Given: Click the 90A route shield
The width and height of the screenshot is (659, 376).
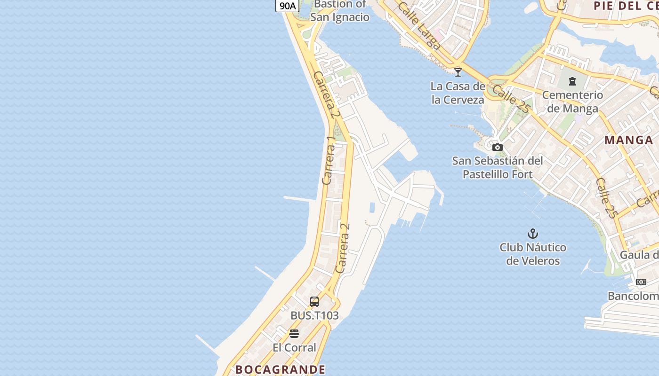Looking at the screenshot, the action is pyautogui.click(x=287, y=6).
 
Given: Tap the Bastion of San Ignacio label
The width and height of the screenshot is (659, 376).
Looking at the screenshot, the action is pyautogui.click(x=340, y=11).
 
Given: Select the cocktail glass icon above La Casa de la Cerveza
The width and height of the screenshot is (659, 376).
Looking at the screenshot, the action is pyautogui.click(x=458, y=72).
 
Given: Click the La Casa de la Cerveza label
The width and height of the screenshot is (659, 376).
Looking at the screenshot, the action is pyautogui.click(x=458, y=93).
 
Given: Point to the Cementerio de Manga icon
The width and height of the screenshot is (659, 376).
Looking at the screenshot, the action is pyautogui.click(x=572, y=81).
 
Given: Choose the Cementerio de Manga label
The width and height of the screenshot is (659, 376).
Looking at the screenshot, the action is pyautogui.click(x=572, y=102).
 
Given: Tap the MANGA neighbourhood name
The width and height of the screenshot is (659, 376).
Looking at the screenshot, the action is pyautogui.click(x=629, y=140).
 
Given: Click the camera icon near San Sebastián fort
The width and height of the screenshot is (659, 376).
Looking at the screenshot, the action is pyautogui.click(x=498, y=148).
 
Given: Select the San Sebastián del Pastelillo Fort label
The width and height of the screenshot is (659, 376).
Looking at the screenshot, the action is pyautogui.click(x=498, y=167).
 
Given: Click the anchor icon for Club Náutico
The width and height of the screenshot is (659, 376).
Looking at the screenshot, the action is pyautogui.click(x=532, y=234).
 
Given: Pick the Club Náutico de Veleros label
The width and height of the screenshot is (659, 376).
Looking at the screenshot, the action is pyautogui.click(x=533, y=254).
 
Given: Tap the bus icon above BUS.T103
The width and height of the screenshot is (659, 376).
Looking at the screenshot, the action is pyautogui.click(x=314, y=302).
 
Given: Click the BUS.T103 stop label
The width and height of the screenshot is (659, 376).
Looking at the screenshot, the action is pyautogui.click(x=314, y=315).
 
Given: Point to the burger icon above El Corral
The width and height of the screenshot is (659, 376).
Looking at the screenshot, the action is pyautogui.click(x=294, y=334).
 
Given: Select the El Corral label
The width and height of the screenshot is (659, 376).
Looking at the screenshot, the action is pyautogui.click(x=294, y=348).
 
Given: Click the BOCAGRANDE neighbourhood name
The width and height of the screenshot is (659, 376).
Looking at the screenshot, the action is pyautogui.click(x=280, y=369).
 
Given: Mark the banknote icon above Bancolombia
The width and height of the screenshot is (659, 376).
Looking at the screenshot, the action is pyautogui.click(x=641, y=282).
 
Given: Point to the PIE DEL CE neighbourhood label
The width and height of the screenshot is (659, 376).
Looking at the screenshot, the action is pyautogui.click(x=626, y=6).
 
